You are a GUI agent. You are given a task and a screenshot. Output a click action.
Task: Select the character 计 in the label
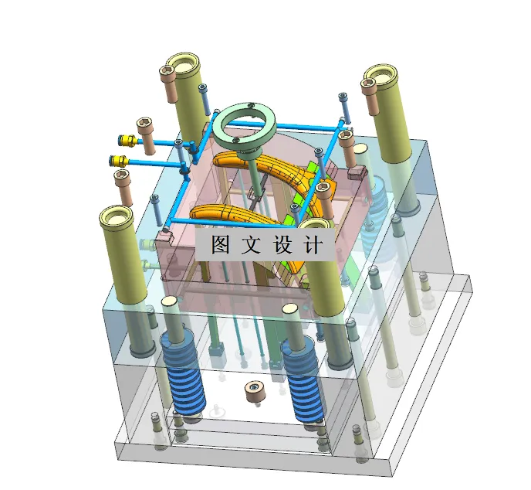pos(313,246)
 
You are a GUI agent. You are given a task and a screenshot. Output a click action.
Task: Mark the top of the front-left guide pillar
pos(120,216)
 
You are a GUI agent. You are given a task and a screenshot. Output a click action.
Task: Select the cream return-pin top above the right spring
pos(290,309)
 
